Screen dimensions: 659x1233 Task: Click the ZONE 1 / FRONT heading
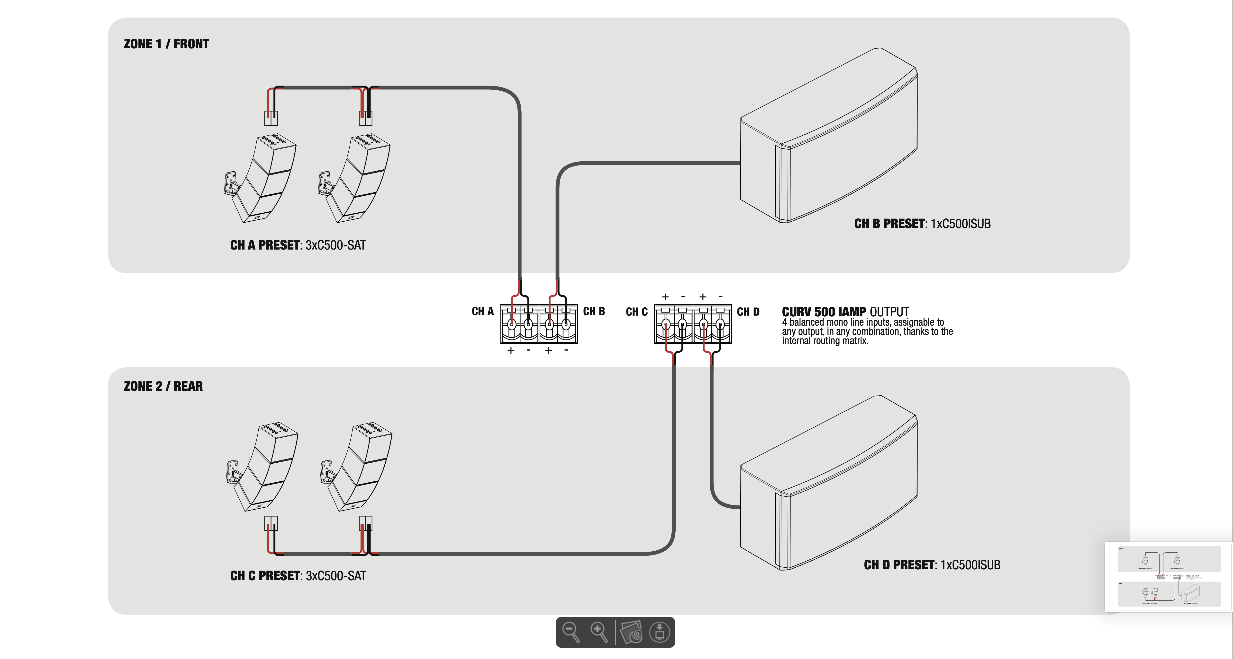click(166, 44)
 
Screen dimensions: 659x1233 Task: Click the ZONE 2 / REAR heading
click(163, 386)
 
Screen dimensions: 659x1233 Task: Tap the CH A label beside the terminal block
click(482, 311)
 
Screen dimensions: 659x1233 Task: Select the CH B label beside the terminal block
click(594, 311)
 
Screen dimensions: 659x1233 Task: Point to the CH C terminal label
click(637, 312)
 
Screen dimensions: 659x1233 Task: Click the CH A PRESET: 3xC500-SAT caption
click(298, 245)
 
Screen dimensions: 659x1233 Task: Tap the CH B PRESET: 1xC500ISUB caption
click(922, 224)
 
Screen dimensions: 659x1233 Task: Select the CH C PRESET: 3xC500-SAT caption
click(298, 576)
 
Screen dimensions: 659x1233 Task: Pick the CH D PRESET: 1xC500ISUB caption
click(932, 565)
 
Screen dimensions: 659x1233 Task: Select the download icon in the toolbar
click(660, 632)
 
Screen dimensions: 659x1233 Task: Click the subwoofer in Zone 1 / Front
click(828, 139)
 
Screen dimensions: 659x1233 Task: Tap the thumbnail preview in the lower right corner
click(1168, 576)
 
